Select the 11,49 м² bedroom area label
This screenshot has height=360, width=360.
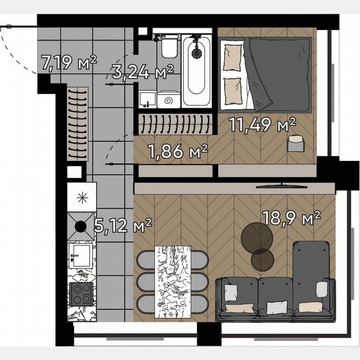coord(262,124)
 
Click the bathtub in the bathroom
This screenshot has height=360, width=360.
coord(196,70)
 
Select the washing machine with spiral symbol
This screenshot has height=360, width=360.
coord(169,100)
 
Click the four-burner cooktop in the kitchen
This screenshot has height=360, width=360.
coord(82,294)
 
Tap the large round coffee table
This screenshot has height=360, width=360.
coord(257,237)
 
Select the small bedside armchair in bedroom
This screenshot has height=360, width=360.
coord(296,143)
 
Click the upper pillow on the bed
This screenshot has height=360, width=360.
coord(232,57)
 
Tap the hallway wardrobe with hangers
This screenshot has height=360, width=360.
coord(78,124)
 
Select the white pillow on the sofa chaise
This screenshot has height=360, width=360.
coord(322,289)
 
